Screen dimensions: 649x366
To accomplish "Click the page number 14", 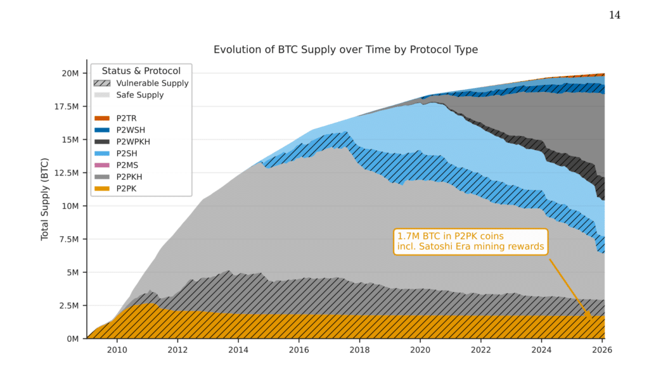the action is pyautogui.click(x=615, y=15).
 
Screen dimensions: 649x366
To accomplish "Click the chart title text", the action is pyautogui.click(x=345, y=49).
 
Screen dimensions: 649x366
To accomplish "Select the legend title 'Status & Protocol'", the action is pyautogui.click(x=141, y=71).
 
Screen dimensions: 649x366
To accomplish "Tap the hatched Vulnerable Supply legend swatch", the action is pyautogui.click(x=102, y=83).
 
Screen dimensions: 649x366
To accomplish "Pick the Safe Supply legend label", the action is pyautogui.click(x=140, y=95).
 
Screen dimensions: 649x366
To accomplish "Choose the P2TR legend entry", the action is pyautogui.click(x=115, y=118).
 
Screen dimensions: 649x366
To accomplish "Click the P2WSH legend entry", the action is pyautogui.click(x=120, y=130).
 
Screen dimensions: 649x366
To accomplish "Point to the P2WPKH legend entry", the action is pyautogui.click(x=122, y=141).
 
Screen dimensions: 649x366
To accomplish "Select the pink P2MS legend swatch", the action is pyautogui.click(x=102, y=165).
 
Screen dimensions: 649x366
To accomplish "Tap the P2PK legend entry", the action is pyautogui.click(x=115, y=189).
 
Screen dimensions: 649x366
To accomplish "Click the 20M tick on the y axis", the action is pyautogui.click(x=70, y=73).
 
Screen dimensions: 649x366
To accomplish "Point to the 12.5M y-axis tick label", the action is pyautogui.click(x=66, y=173).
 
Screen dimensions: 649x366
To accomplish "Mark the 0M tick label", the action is pyautogui.click(x=72, y=339).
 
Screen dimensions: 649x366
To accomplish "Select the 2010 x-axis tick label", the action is pyautogui.click(x=117, y=350).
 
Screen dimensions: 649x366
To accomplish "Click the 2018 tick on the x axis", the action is pyautogui.click(x=359, y=350).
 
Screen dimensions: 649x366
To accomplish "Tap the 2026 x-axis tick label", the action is pyautogui.click(x=602, y=350).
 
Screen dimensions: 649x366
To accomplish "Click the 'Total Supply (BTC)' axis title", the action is pyautogui.click(x=44, y=199).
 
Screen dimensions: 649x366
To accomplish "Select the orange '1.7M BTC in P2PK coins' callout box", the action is pyautogui.click(x=471, y=241).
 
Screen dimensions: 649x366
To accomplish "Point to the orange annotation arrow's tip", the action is pyautogui.click(x=591, y=319).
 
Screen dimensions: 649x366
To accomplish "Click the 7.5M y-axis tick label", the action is pyautogui.click(x=68, y=239).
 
